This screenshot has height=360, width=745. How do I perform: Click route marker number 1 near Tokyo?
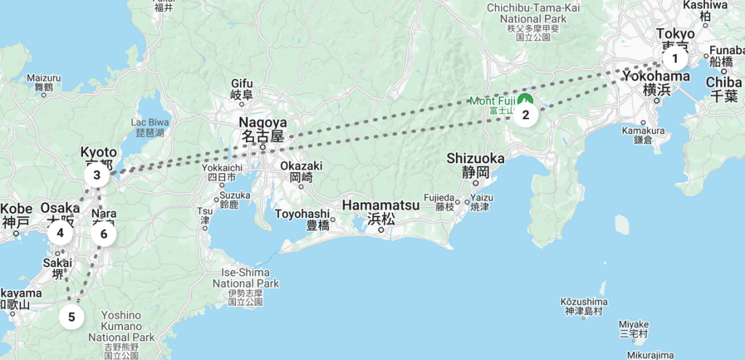click(x=675, y=59)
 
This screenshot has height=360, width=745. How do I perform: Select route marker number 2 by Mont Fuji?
click(x=525, y=114)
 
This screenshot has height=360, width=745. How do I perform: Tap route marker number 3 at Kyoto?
click(x=97, y=175)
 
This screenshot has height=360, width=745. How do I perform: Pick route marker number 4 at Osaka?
click(x=60, y=233)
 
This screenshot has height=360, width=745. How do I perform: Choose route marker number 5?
click(x=71, y=317)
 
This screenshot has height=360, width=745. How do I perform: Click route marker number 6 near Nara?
click(x=104, y=234)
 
